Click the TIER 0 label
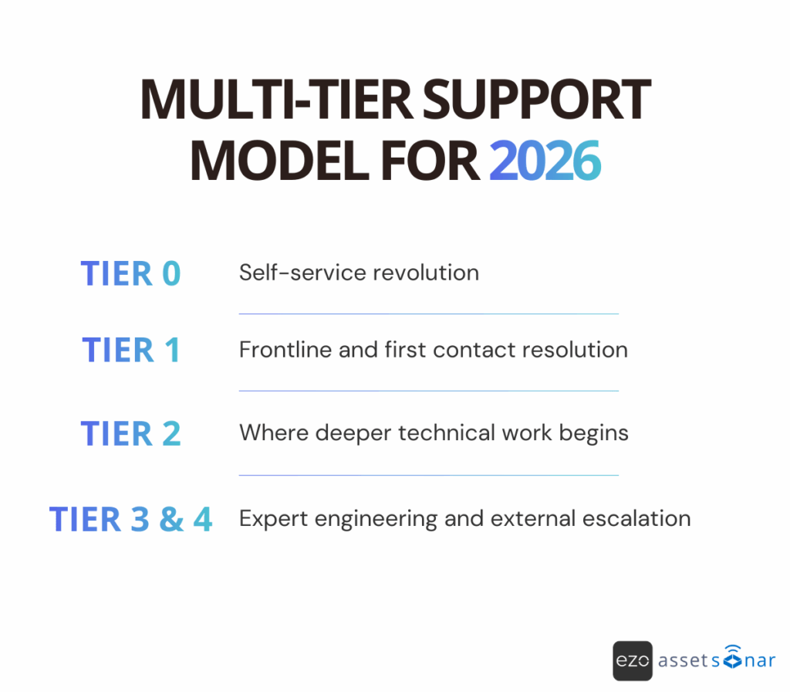(130, 273)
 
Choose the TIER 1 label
(130, 350)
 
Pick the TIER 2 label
(130, 433)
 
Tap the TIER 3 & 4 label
(130, 518)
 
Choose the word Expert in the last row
(265, 518)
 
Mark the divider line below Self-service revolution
(428, 314)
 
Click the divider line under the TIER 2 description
(428, 475)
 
